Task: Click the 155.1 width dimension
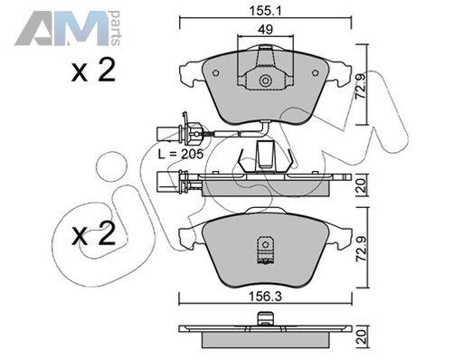coord(265,11)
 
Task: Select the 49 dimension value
coord(266,30)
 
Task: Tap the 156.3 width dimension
coord(265,297)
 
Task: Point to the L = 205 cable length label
coord(181,155)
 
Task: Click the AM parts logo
coord(68,28)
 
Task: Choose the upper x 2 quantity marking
coord(93,71)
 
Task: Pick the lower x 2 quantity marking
coord(93,233)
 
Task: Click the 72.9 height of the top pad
coord(361,86)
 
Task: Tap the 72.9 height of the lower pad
coord(361,249)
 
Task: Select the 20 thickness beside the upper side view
coord(361,185)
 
